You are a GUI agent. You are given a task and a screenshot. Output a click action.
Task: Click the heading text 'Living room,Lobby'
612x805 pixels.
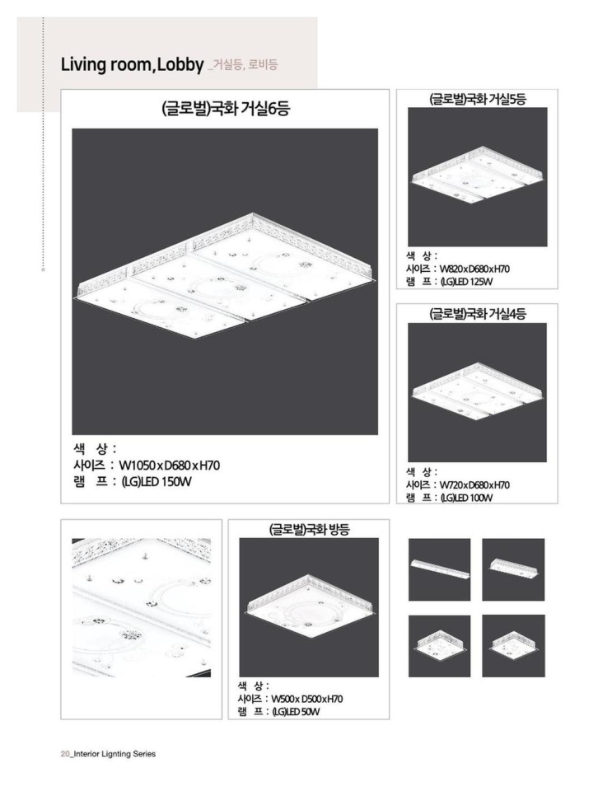click(132, 65)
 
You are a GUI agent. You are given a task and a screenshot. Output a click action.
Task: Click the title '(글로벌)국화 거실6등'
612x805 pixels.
click(225, 109)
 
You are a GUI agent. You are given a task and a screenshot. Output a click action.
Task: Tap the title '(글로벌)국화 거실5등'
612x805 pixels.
click(478, 99)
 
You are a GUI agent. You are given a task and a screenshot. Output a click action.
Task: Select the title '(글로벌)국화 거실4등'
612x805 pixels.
click(478, 314)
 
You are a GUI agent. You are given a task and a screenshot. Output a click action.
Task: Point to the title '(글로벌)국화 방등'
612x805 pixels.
click(309, 529)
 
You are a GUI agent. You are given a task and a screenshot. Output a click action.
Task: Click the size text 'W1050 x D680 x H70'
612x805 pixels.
click(170, 466)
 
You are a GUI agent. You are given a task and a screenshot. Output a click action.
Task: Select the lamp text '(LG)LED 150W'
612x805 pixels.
click(156, 482)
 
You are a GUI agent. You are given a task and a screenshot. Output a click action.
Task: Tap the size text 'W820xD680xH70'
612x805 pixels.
click(474, 269)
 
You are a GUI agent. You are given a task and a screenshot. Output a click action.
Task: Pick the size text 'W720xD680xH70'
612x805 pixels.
click(474, 485)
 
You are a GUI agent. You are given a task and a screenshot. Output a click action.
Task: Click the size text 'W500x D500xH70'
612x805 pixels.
click(306, 700)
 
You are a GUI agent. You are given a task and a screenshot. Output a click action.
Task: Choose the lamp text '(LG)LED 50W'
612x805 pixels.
click(295, 712)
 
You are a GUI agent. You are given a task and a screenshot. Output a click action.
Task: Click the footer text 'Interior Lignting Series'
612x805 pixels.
click(114, 754)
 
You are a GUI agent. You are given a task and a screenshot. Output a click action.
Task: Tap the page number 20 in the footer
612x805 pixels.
click(65, 754)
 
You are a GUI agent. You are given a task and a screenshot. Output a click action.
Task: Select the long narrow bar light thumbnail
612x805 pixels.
click(440, 568)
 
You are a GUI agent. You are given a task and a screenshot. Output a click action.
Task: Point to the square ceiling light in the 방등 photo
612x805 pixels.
click(309, 607)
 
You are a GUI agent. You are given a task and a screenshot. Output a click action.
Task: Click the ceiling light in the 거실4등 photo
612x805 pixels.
click(478, 391)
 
